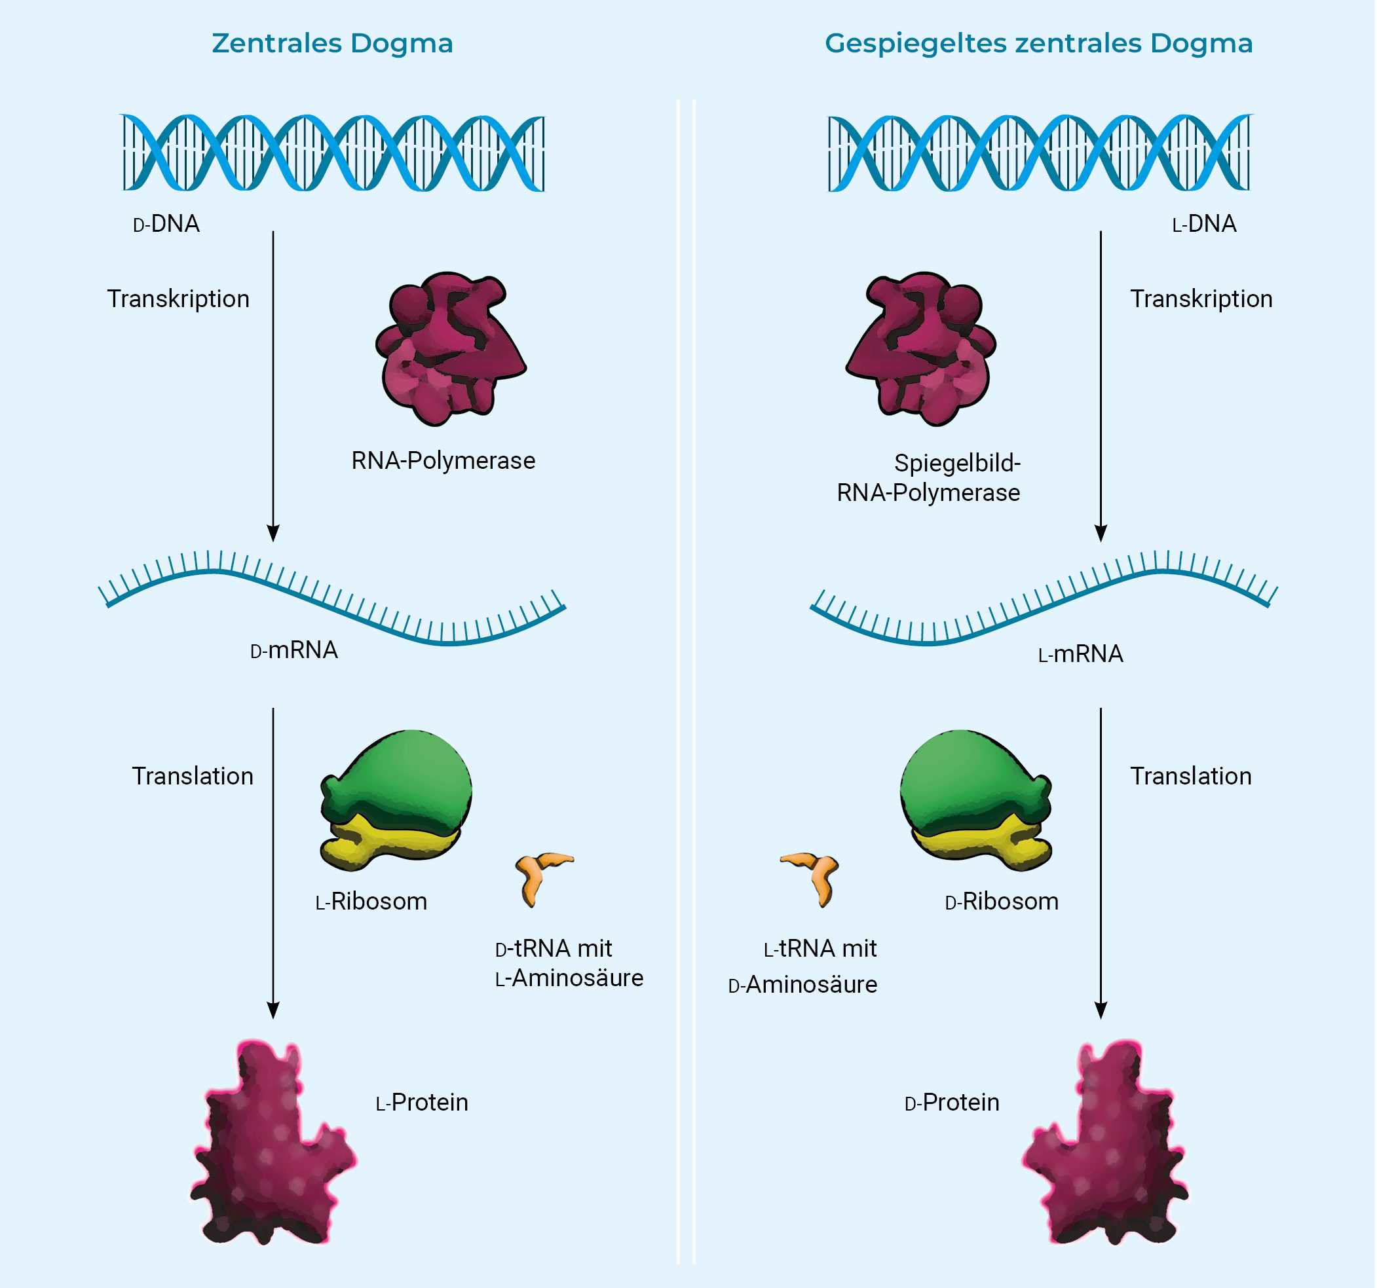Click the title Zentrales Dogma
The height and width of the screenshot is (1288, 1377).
tap(333, 44)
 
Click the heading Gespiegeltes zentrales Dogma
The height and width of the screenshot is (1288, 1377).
tap(1038, 44)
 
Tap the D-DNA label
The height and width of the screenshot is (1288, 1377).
tap(167, 225)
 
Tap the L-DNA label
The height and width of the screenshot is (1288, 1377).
tap(1204, 225)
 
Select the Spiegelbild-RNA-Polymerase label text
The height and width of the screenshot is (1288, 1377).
tap(929, 478)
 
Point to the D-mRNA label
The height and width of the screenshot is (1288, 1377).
tap(294, 650)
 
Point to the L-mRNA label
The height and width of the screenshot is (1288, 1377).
tap(1080, 654)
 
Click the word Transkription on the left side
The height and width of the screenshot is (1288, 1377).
tap(179, 299)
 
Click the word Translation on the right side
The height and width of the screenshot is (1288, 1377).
tap(1191, 776)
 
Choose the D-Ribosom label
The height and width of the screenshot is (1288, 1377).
tap(1002, 902)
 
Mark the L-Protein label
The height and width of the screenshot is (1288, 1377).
tap(423, 1103)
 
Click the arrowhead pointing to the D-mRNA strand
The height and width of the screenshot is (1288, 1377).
tap(273, 533)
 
